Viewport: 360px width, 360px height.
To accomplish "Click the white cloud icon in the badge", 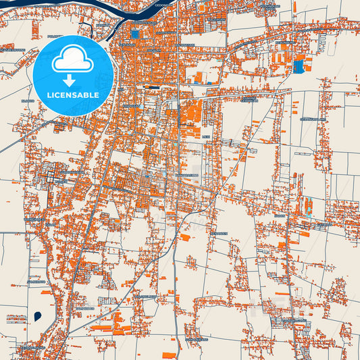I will [x=73, y=61].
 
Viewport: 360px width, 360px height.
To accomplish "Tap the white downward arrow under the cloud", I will [x=73, y=80].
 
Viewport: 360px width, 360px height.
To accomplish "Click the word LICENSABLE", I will [x=73, y=95].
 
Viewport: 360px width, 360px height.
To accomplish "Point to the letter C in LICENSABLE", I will [x=61, y=95].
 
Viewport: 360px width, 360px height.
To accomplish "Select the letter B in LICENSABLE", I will [x=86, y=95].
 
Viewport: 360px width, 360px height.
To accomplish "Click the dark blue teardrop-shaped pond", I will [x=36, y=315].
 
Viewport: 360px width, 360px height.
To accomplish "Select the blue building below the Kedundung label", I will [x=298, y=66].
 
